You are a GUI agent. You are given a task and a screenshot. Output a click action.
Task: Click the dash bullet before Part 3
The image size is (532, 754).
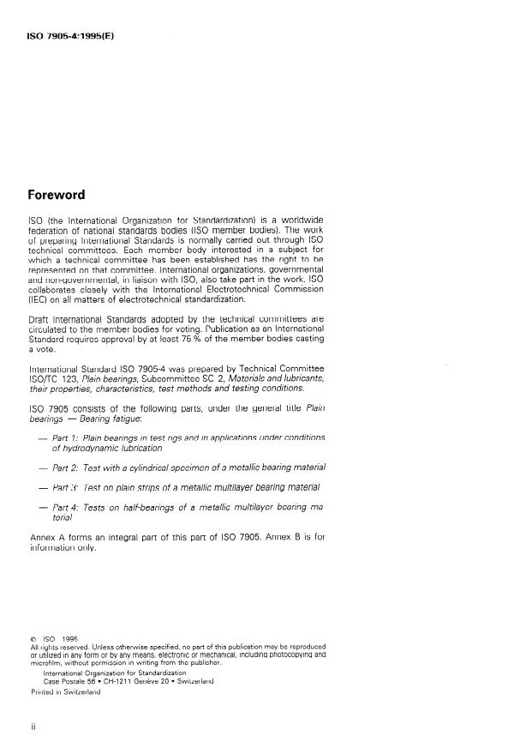tap(43, 487)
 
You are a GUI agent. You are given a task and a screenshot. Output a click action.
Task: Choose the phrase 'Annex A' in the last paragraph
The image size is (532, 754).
tap(49, 537)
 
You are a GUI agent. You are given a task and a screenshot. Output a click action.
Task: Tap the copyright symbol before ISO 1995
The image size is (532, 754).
tap(33, 638)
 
